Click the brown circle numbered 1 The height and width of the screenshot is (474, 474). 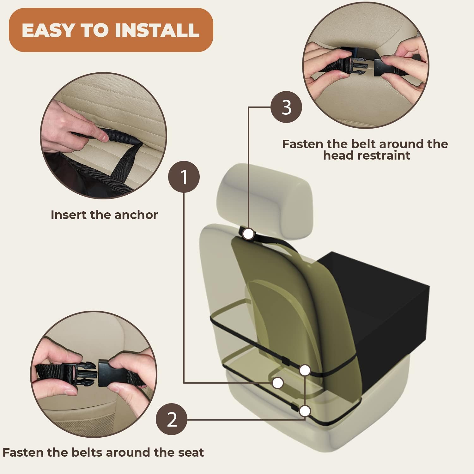(184, 177)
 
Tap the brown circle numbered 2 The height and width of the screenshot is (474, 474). (172, 420)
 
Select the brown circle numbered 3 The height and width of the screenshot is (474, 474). (286, 107)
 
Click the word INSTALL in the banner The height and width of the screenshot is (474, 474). (157, 30)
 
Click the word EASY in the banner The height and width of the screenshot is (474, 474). (47, 30)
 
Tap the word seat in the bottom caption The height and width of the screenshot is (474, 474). (191, 453)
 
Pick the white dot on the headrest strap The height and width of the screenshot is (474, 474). (249, 234)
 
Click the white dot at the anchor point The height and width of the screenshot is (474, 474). (277, 383)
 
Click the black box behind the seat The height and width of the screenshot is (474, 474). (379, 313)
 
